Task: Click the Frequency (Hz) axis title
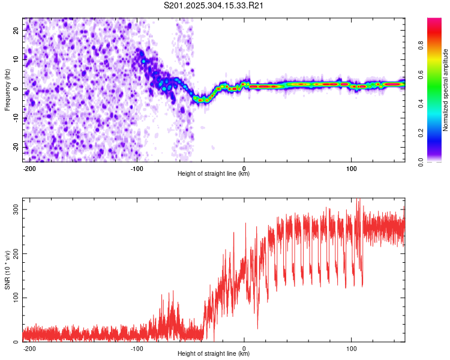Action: click(x=7, y=89)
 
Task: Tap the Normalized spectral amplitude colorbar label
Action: click(x=446, y=89)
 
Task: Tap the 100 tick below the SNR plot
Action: click(x=352, y=349)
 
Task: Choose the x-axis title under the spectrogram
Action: click(x=214, y=174)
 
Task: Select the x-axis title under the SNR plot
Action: click(x=214, y=354)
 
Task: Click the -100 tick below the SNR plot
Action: click(x=136, y=349)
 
